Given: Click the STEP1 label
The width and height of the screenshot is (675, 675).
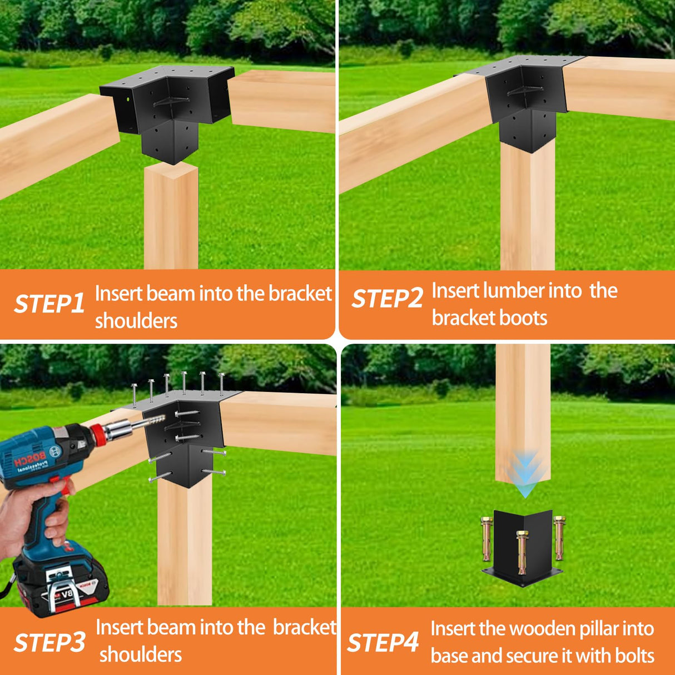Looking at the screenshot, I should tap(49, 304).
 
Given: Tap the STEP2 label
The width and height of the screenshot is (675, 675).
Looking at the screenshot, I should tap(387, 299).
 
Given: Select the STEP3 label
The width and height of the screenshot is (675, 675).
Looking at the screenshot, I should tap(49, 642).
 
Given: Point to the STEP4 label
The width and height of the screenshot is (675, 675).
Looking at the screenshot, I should tap(383, 642).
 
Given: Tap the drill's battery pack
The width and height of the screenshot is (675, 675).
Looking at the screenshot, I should tap(61, 581).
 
